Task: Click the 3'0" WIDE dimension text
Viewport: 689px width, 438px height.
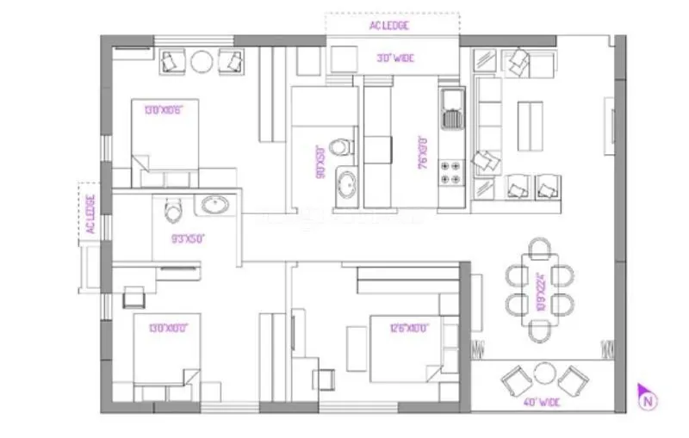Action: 394,59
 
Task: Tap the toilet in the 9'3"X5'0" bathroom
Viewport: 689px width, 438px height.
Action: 171,208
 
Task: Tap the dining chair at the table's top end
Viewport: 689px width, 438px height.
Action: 540,250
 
